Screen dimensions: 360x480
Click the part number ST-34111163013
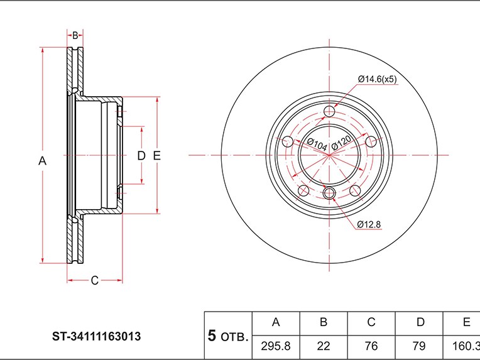[x=96, y=336]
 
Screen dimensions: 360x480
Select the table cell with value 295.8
[x=276, y=345]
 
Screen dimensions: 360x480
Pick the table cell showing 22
[x=324, y=345]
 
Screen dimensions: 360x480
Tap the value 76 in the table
[x=371, y=345]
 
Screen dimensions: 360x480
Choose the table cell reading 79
[x=419, y=345]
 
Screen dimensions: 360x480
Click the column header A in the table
[x=276, y=322]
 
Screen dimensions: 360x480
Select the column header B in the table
[x=324, y=322]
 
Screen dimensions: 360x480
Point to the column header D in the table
[x=419, y=322]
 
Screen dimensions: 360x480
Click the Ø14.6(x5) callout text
[x=377, y=79]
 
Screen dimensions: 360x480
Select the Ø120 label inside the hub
[x=340, y=143]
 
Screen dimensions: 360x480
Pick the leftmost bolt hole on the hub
[x=288, y=141]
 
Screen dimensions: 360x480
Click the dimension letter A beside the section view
[x=43, y=161]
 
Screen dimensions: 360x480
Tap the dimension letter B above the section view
[x=75, y=35]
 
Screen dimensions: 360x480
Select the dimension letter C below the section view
[x=94, y=280]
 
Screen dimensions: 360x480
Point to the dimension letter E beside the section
[x=157, y=155]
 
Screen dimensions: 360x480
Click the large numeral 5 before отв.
[x=212, y=335]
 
